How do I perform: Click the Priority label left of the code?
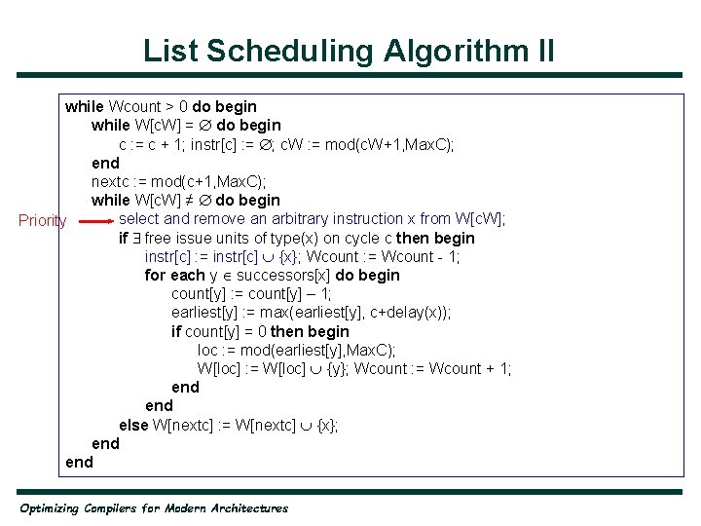[43, 221]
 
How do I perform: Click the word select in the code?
[140, 219]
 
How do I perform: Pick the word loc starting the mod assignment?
[208, 351]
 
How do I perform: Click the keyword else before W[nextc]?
[133, 426]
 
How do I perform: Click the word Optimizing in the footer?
[49, 507]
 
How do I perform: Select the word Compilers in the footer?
[118, 507]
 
